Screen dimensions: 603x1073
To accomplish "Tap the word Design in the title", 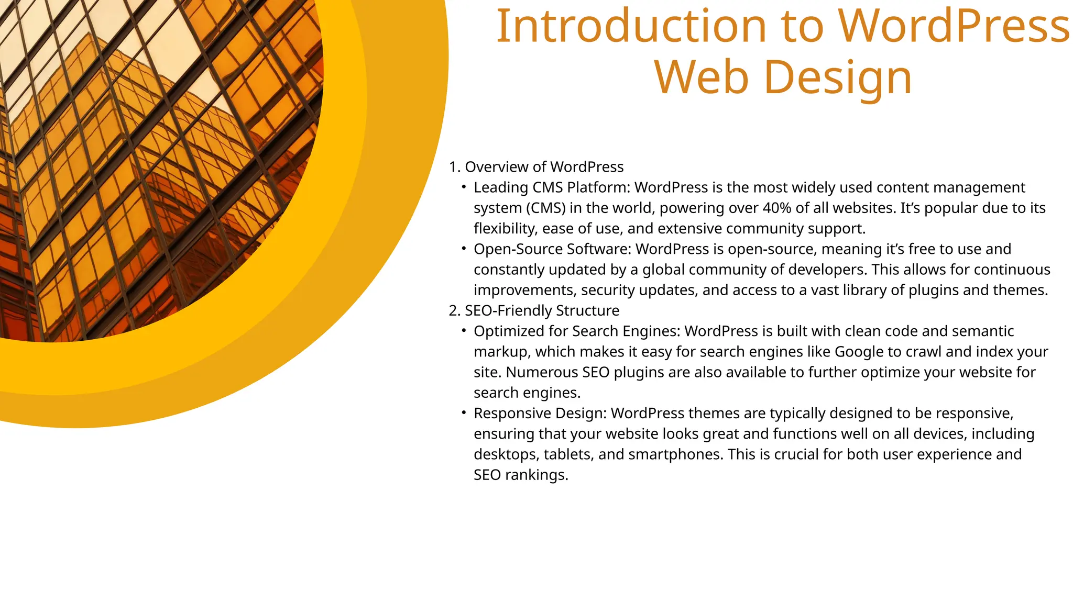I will [x=838, y=77].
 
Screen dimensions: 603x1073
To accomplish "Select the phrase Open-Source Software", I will [x=552, y=249].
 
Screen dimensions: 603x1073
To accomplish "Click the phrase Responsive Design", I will [x=540, y=414].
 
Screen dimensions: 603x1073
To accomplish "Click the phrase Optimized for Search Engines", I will [x=576, y=331].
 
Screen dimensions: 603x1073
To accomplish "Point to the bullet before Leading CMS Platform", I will [x=464, y=187].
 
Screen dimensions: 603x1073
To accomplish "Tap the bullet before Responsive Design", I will [x=464, y=413].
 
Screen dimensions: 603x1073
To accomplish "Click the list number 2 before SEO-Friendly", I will [x=454, y=311].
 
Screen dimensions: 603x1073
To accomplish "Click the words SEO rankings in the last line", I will [x=520, y=475].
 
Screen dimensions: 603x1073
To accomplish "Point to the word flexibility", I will [x=503, y=229].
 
